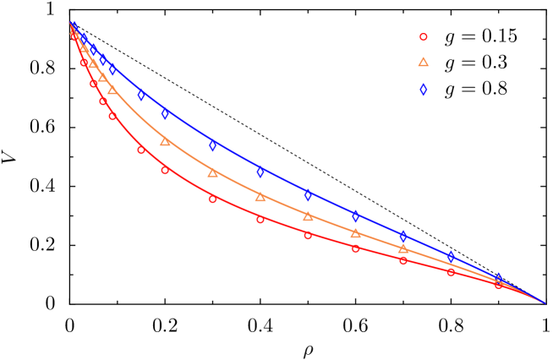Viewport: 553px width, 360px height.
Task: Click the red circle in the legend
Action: click(x=423, y=37)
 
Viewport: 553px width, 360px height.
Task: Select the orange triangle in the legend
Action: click(x=423, y=62)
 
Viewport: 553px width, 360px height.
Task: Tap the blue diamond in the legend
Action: click(x=423, y=89)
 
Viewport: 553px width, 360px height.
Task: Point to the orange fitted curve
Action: click(x=237, y=185)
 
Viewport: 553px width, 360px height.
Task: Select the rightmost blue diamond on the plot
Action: click(x=498, y=278)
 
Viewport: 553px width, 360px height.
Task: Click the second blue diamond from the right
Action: click(x=451, y=256)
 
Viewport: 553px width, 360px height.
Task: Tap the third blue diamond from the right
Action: click(x=402, y=236)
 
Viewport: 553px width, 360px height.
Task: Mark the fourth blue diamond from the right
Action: click(x=355, y=216)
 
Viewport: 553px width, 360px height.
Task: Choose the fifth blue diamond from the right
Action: click(x=308, y=195)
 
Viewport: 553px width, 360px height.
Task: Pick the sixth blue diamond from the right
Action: click(x=260, y=172)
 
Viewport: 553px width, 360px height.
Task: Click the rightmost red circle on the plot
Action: click(x=498, y=284)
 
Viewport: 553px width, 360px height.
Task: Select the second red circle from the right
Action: click(x=451, y=272)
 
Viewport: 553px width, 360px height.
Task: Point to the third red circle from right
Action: click(x=403, y=260)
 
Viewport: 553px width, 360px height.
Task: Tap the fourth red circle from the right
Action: click(x=356, y=248)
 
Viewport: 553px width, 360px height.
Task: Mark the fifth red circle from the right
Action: click(x=308, y=235)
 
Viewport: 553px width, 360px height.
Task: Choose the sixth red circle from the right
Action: click(x=260, y=220)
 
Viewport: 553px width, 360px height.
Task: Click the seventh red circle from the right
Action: click(x=212, y=199)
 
